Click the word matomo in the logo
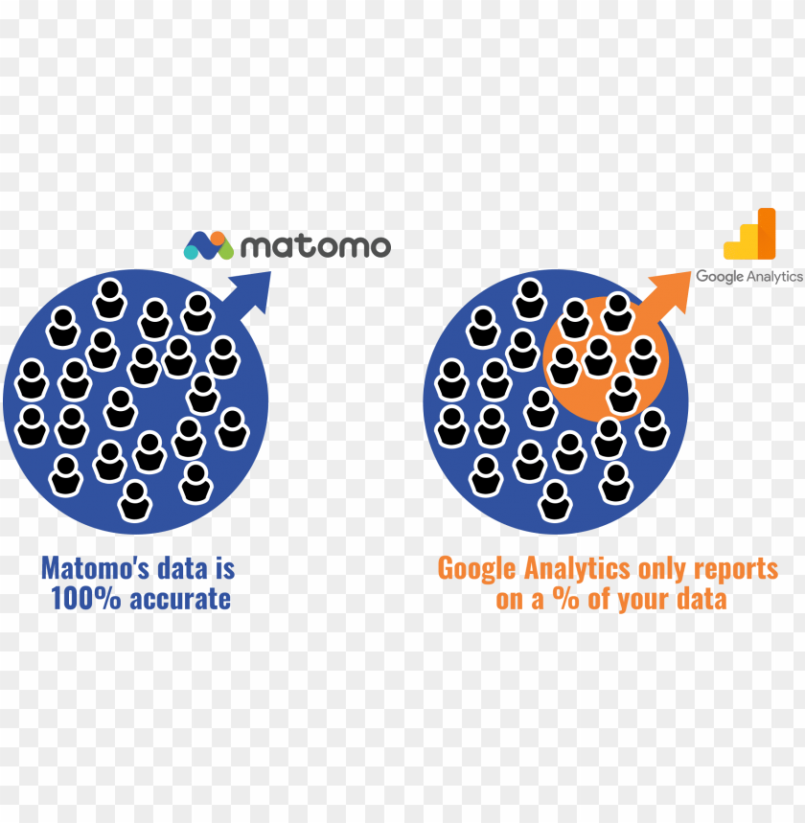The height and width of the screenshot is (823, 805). click(315, 246)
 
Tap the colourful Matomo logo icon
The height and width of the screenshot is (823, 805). click(209, 245)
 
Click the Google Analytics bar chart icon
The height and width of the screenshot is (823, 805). click(750, 235)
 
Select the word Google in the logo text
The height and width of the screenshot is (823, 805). click(718, 277)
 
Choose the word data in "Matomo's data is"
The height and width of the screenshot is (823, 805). click(183, 568)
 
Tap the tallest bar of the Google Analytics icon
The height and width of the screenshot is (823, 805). click(766, 233)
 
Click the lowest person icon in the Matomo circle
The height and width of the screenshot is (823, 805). click(135, 500)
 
